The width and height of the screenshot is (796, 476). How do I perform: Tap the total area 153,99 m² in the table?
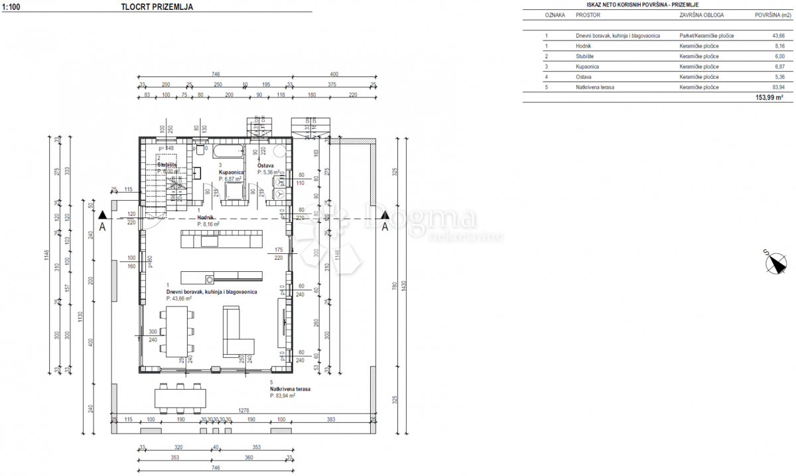[769, 97]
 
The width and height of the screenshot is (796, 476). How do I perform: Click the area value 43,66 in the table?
[775, 36]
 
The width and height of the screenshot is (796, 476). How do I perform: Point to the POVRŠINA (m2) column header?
[769, 15]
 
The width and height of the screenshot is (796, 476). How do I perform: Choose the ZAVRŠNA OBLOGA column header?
[702, 15]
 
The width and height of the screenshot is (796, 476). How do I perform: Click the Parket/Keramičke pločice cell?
[706, 36]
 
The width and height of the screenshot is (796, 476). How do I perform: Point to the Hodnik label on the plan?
[206, 217]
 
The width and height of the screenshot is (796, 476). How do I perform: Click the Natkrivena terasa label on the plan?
[291, 390]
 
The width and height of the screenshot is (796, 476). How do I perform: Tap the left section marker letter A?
[102, 227]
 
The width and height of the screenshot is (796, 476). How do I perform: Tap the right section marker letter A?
[384, 227]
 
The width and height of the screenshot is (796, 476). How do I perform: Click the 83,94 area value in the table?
[775, 87]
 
